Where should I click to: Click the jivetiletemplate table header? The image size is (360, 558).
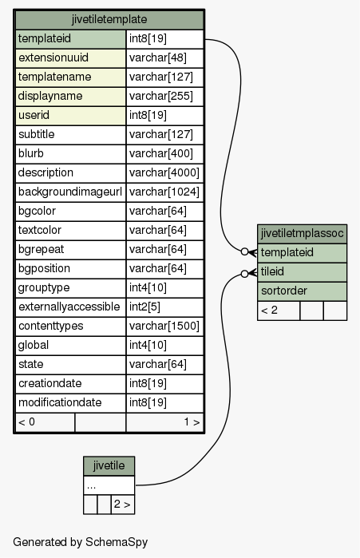[x=109, y=20]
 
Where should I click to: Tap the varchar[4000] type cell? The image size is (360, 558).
[x=164, y=173]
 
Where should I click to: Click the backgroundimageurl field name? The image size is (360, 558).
[x=70, y=192]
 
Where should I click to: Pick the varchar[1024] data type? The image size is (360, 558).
[x=164, y=192]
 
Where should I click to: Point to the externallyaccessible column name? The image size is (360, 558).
[x=70, y=307]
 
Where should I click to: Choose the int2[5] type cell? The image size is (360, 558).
[x=164, y=307]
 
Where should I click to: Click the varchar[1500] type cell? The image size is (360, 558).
[x=164, y=326]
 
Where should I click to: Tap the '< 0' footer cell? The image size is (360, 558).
[x=45, y=422]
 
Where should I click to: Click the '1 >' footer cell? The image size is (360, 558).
[x=164, y=422]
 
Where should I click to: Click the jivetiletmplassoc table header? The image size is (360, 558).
[x=302, y=234]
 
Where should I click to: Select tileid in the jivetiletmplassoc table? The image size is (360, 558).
[x=302, y=272]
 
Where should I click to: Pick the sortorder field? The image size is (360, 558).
[x=302, y=291]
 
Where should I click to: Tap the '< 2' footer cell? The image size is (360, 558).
[x=279, y=311]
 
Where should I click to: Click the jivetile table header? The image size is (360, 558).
[x=109, y=466]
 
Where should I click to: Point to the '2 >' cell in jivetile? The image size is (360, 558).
[x=123, y=505]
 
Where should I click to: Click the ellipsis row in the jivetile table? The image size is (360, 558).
[x=109, y=485]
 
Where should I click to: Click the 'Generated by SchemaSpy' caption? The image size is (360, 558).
[x=81, y=542]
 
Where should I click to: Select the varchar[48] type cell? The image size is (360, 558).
[x=164, y=58]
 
